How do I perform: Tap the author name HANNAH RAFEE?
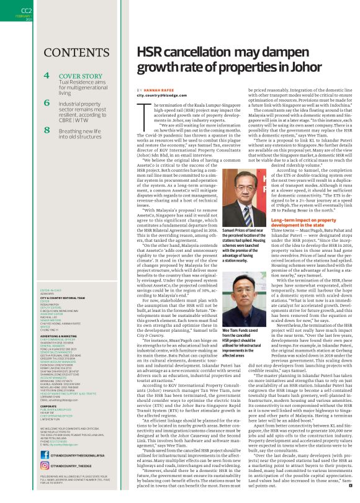click(x=160, y=91)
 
